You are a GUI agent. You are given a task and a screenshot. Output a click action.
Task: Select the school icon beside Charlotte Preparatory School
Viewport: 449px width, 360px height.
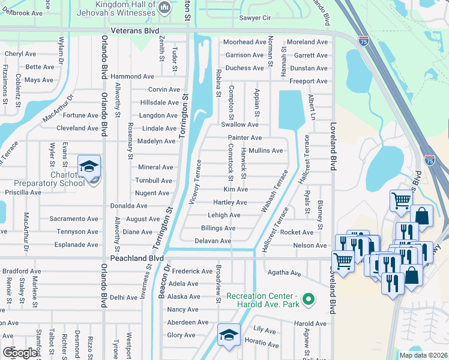coord(89,167)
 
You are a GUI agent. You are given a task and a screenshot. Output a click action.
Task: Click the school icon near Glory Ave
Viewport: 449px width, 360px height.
coord(229,336)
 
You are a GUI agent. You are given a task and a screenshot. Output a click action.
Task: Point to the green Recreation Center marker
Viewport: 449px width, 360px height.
coord(309,298)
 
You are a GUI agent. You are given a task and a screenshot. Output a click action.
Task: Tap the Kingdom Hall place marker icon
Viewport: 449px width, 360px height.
coord(165,7)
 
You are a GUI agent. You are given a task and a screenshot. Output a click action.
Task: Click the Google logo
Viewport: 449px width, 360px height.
coord(20,353)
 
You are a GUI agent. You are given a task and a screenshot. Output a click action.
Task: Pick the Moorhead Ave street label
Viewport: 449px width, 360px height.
coord(244,42)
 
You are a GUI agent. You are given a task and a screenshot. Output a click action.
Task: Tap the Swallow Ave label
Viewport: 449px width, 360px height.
coord(240,125)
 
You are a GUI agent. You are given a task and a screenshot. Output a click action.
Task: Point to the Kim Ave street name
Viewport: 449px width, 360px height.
coord(235,190)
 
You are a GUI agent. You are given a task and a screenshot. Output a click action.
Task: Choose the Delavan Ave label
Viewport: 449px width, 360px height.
coord(213,241)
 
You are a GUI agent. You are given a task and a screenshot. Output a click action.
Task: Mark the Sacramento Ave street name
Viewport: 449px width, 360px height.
coord(74,219)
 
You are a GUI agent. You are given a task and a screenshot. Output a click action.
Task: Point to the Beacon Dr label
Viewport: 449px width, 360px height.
coord(161,282)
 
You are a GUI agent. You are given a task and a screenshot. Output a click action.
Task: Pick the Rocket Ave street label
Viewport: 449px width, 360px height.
coord(297,232)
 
